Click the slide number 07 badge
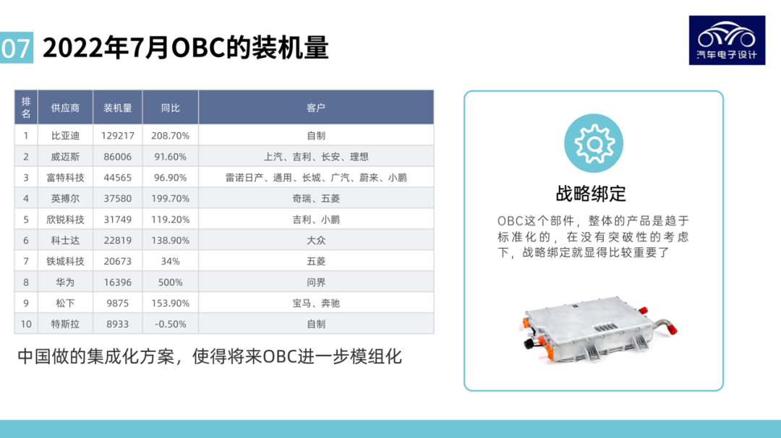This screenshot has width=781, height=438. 16,48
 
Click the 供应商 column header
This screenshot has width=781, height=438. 65,108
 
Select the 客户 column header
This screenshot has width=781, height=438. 316,108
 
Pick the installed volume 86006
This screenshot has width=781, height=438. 118,156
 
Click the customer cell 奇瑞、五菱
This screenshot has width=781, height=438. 316,198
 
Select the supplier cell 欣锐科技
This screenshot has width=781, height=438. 65,219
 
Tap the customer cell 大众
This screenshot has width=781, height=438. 316,240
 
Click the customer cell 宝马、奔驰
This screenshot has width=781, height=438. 316,303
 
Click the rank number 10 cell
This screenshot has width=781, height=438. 26,324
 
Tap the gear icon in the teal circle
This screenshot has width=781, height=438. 594,143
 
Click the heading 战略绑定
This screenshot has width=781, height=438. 591,193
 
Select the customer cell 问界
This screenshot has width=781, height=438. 316,282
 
